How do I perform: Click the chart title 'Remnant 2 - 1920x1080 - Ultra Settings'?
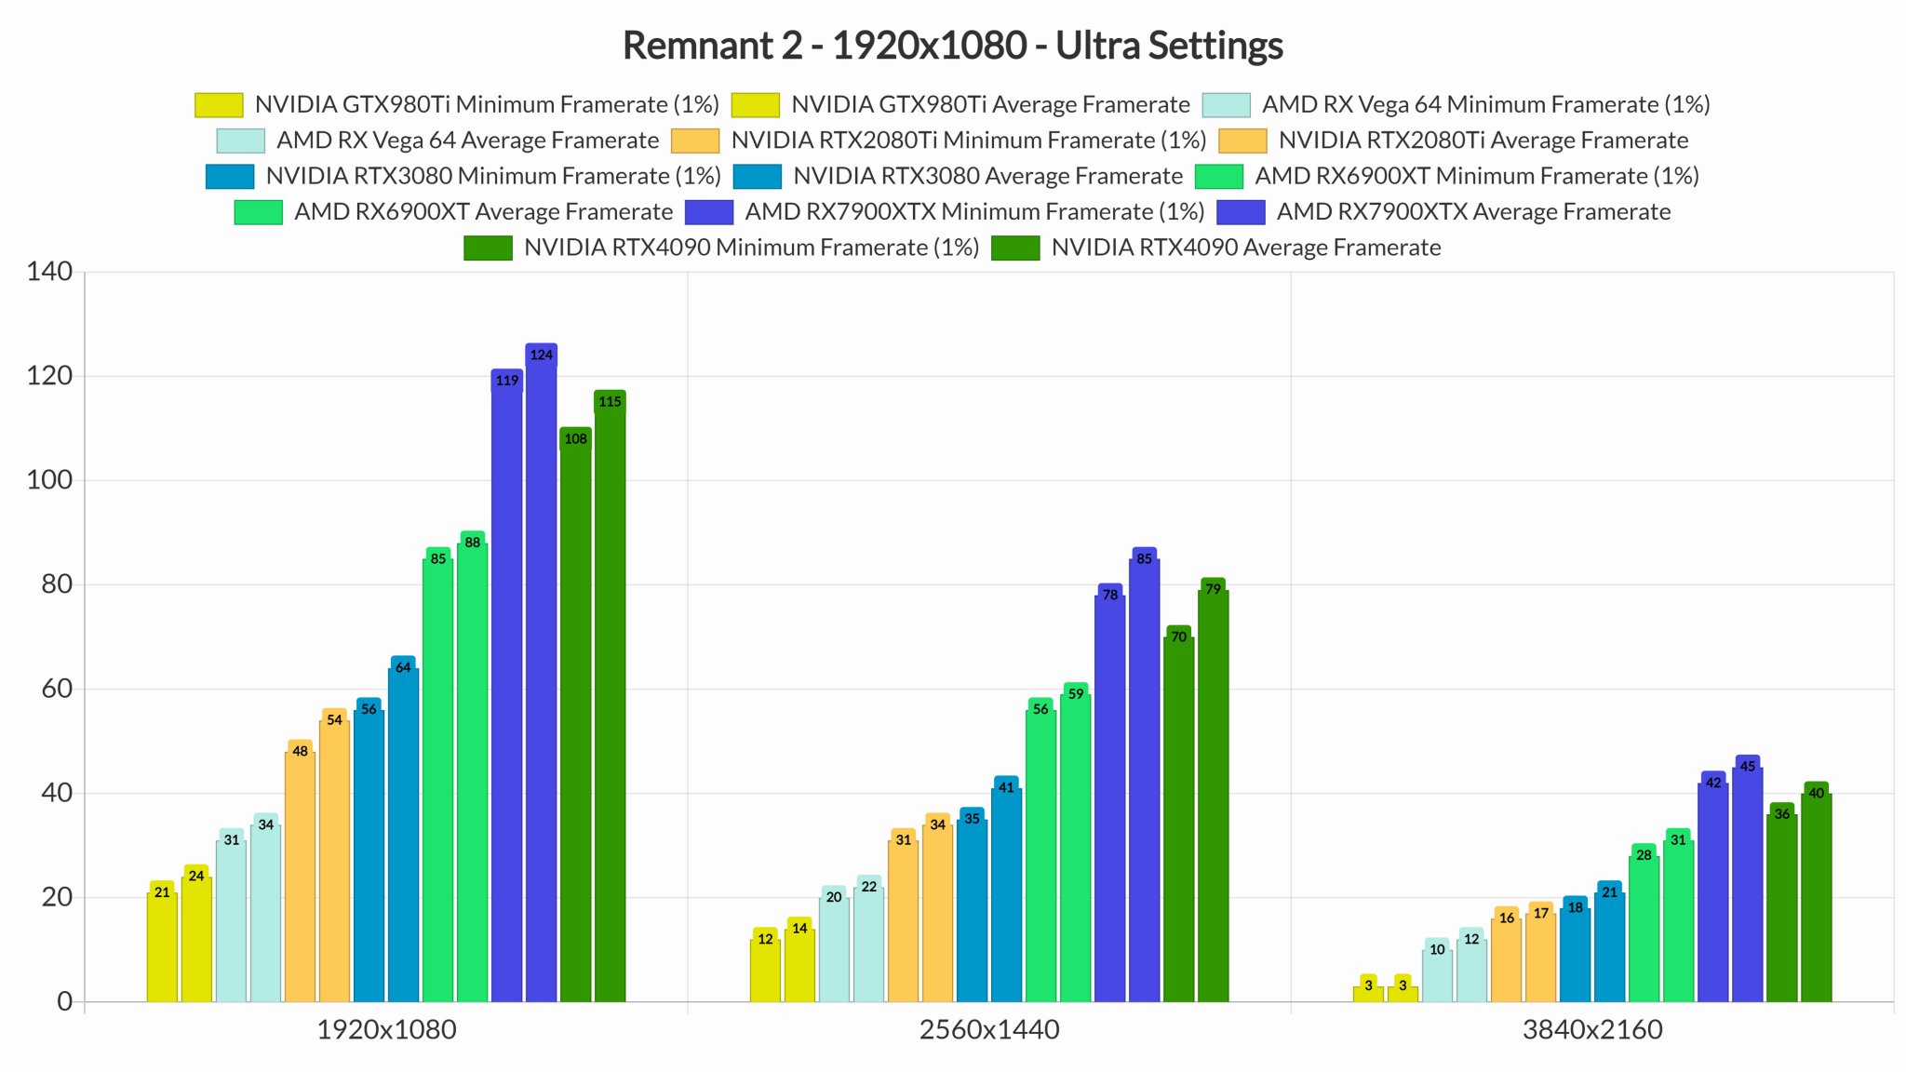(952, 46)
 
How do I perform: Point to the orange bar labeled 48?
(300, 875)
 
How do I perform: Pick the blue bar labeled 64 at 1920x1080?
(403, 833)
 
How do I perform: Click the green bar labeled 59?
(1075, 847)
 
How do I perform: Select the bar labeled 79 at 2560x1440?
(1213, 796)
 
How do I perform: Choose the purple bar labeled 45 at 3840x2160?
(1748, 884)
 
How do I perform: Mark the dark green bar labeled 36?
(1781, 907)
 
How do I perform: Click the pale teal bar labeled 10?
(1437, 975)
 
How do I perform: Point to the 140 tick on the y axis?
(49, 272)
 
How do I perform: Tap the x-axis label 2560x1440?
(989, 1030)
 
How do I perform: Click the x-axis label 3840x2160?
(1592, 1030)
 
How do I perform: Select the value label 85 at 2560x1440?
(1144, 558)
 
